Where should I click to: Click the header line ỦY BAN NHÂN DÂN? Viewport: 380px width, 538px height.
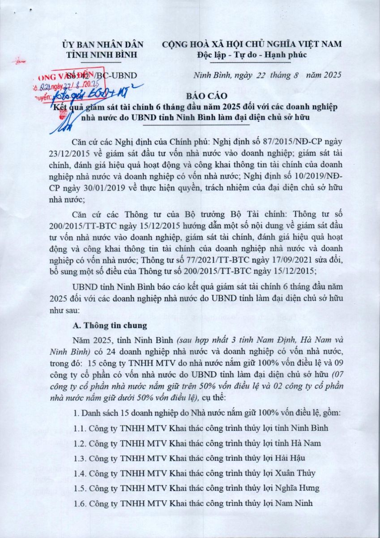coord(103,44)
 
